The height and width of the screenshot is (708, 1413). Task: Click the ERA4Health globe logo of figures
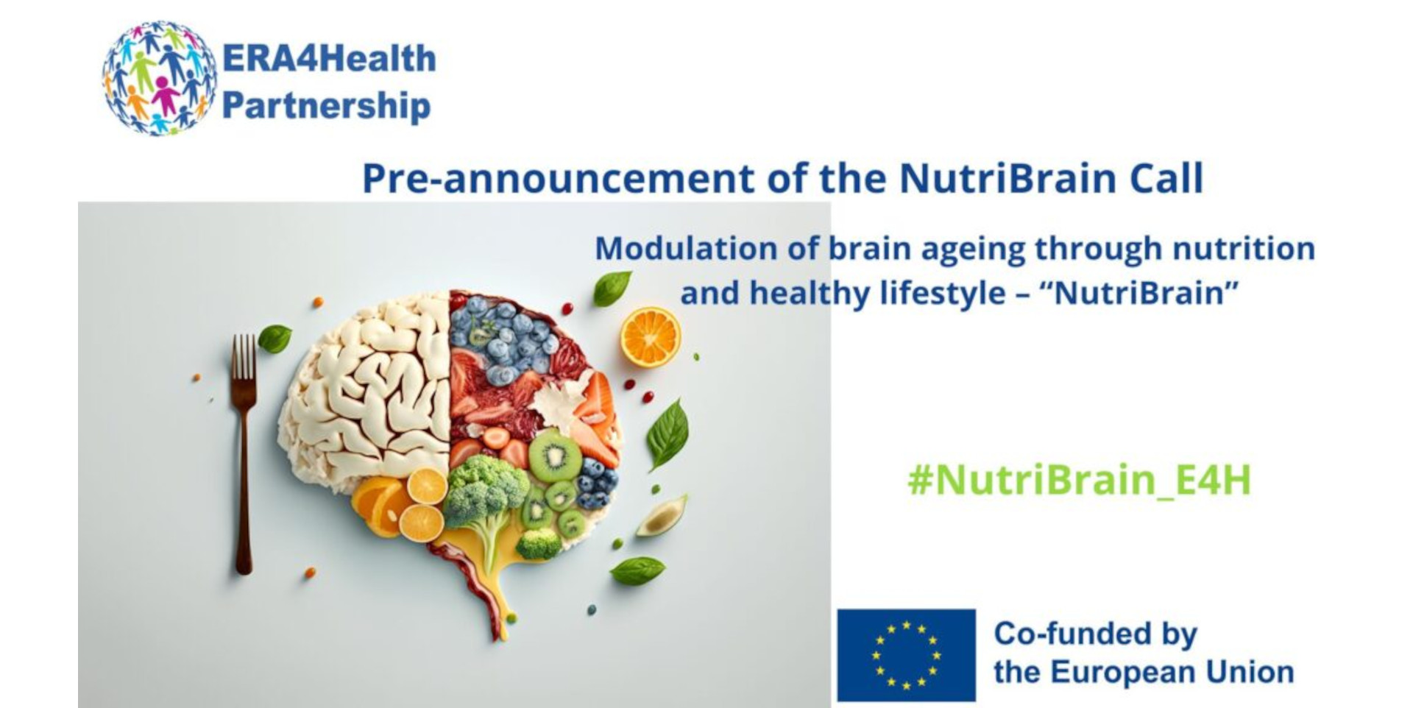(159, 78)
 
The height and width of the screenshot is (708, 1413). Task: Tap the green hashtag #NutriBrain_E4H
(1079, 480)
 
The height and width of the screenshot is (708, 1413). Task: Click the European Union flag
(906, 655)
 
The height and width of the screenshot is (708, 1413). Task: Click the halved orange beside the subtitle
(651, 337)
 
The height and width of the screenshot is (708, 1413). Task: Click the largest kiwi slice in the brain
(554, 456)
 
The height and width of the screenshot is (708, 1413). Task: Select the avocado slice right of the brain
(662, 516)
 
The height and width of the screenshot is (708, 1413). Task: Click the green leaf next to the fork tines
(275, 339)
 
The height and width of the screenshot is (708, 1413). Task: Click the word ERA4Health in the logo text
(329, 59)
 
